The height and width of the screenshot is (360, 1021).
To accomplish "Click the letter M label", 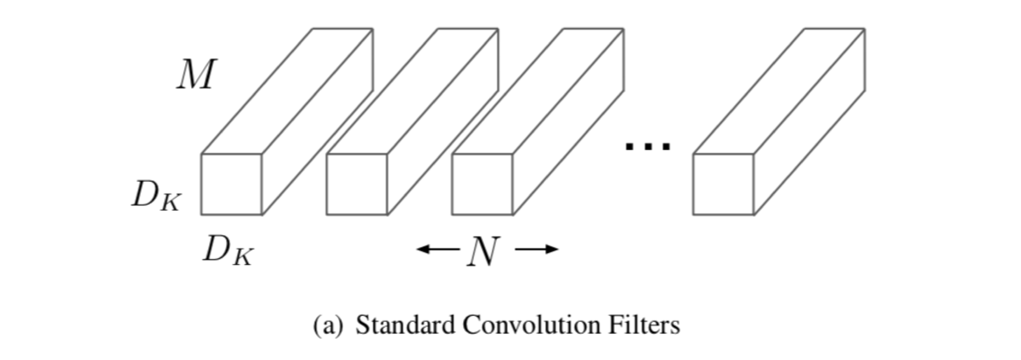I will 196,77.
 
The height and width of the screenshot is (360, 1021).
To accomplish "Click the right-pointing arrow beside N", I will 537,250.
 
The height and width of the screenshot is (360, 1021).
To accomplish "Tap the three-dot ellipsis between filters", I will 647,147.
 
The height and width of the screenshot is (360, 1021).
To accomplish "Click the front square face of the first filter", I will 231,184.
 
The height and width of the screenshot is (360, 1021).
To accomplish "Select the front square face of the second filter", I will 357,184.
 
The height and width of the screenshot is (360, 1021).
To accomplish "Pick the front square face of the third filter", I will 482,184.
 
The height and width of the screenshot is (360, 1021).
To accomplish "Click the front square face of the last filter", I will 723,184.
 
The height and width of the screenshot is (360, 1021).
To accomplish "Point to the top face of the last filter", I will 778,92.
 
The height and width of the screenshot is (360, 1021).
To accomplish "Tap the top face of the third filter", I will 537,92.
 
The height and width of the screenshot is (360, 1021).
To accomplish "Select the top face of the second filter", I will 412,92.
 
